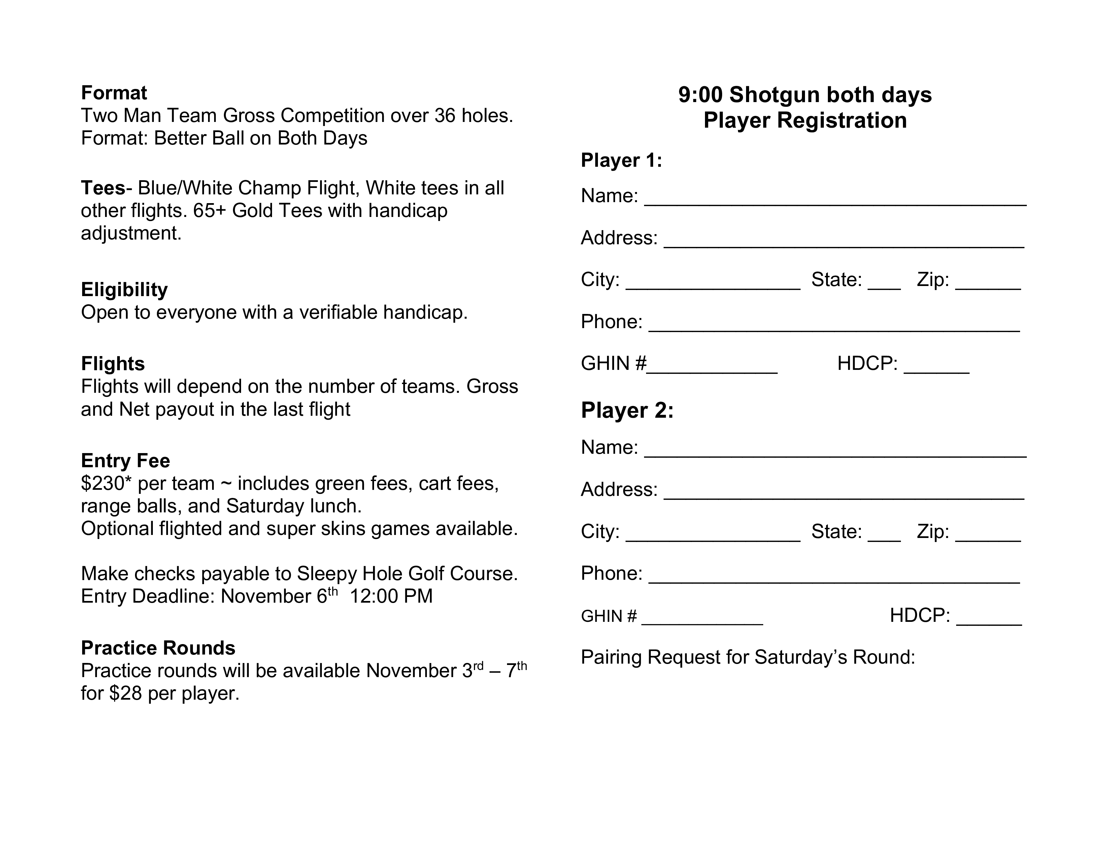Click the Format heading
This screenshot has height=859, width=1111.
(114, 93)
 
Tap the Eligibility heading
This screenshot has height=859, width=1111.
(124, 290)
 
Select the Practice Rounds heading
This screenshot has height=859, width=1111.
(158, 648)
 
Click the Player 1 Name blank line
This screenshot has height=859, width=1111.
(835, 201)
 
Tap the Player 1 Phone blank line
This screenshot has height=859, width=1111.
(834, 327)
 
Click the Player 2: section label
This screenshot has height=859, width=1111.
(627, 411)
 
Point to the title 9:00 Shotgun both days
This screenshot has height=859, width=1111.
(805, 95)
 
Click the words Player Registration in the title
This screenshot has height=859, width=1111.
(805, 121)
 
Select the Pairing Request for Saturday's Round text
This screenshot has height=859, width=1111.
(748, 657)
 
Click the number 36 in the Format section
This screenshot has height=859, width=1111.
(445, 116)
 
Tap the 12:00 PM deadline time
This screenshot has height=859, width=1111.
(391, 596)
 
